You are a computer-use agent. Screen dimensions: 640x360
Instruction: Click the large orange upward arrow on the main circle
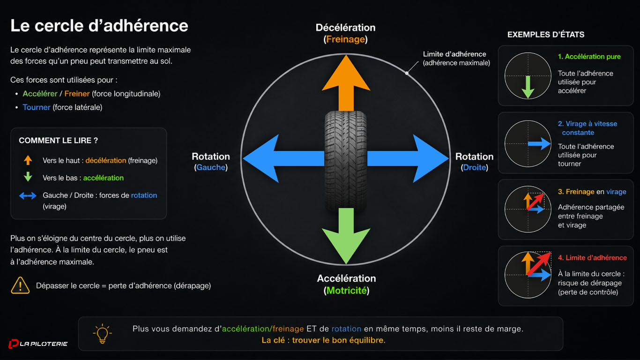coord(346,83)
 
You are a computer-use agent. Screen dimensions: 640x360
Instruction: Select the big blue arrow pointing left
coord(283,158)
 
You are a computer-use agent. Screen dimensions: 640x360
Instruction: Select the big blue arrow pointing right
coord(408,158)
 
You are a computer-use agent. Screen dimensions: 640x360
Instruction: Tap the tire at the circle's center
coord(346,161)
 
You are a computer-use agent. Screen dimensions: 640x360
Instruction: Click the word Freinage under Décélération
coord(345,39)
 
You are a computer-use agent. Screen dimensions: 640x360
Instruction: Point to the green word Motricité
coord(347,291)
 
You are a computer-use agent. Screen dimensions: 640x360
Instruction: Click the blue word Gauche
coord(211,167)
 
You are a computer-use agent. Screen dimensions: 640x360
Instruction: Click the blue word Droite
coord(474,167)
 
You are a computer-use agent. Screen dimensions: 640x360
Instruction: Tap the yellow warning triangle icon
coord(20,285)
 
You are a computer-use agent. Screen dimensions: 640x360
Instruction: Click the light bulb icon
coord(102,334)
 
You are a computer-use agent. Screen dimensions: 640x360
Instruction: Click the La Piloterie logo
coord(38,344)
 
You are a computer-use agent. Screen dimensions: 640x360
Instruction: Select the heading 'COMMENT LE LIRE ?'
coord(58,141)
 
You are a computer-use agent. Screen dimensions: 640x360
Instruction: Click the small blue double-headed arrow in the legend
coord(28,195)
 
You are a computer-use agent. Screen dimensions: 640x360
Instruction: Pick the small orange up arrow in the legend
coord(28,160)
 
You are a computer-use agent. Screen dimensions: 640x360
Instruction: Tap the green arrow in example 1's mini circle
coord(528,87)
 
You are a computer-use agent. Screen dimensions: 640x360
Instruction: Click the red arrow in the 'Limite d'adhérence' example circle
coord(539,264)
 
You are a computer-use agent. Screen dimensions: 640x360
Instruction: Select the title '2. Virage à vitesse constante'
coord(588,128)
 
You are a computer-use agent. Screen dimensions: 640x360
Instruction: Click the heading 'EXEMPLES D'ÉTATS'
coord(546,35)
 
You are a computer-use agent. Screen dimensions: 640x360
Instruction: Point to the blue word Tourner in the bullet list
coord(37,107)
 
